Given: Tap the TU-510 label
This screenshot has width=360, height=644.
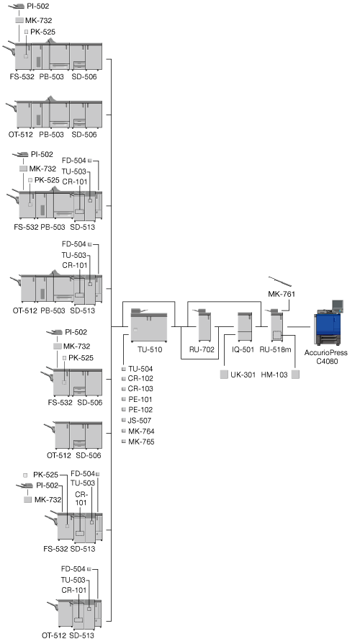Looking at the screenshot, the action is click(150, 350).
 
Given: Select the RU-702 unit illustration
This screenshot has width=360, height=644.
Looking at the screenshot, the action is click(204, 326).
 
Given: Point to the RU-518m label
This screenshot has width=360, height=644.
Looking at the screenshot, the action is click(275, 350).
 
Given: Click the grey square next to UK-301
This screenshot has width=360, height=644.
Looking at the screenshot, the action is click(224, 375).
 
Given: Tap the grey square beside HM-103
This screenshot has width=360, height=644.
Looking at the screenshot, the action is click(295, 375).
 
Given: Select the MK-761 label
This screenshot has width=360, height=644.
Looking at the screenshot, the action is click(282, 294).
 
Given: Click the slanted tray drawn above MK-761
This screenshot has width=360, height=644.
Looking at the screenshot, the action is click(280, 282).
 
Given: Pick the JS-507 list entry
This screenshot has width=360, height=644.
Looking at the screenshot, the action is click(140, 421).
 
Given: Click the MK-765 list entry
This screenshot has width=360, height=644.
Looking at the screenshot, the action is click(141, 442).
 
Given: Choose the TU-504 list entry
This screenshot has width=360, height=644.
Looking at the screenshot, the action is click(140, 369).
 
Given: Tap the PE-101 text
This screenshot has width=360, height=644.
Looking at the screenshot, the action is click(140, 399).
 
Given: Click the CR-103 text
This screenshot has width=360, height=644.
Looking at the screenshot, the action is click(140, 388).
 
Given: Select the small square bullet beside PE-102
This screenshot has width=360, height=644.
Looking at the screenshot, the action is click(124, 410).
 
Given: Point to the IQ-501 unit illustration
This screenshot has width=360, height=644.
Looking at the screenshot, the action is click(245, 327).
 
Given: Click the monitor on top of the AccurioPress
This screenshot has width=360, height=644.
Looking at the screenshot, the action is click(338, 305).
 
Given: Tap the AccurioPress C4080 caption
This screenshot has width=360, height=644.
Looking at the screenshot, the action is click(326, 357).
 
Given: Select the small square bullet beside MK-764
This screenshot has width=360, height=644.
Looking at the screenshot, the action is click(124, 431).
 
